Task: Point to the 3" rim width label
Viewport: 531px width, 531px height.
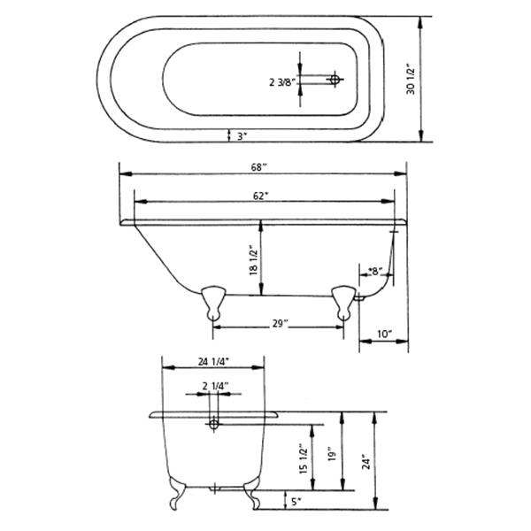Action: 241,135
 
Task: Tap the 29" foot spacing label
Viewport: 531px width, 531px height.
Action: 280,324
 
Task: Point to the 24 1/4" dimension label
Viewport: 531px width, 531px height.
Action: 213,361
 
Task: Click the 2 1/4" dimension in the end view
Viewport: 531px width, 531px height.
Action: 215,386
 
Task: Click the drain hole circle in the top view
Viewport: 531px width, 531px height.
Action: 335,80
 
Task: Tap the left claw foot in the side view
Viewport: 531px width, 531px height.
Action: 212,300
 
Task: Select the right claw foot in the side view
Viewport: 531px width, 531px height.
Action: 342,300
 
